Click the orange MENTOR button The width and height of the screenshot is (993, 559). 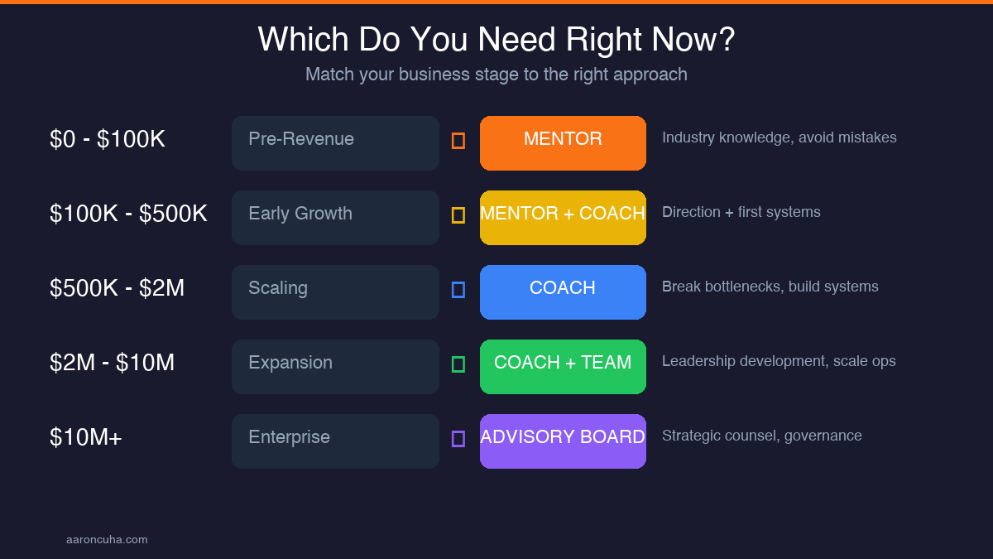563,143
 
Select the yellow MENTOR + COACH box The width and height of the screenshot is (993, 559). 563,218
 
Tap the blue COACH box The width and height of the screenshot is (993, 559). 563,292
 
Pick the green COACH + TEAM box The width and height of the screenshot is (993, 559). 563,367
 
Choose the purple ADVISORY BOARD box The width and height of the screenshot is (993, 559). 563,441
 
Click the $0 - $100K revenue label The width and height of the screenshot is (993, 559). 108,139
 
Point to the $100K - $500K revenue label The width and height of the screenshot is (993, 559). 128,214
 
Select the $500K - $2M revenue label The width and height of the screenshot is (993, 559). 117,288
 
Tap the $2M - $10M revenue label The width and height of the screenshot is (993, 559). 112,363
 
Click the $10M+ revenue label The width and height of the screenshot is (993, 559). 85,437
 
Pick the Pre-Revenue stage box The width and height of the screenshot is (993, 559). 335,143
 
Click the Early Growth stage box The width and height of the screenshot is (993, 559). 335,218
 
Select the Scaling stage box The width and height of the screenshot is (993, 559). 335,292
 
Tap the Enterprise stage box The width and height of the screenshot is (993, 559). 335,441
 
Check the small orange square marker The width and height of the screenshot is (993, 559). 458,141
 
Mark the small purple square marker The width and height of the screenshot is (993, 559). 458,439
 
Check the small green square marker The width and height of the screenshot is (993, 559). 458,364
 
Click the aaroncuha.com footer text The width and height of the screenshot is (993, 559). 107,540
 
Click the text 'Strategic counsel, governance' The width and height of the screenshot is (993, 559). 761,436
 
